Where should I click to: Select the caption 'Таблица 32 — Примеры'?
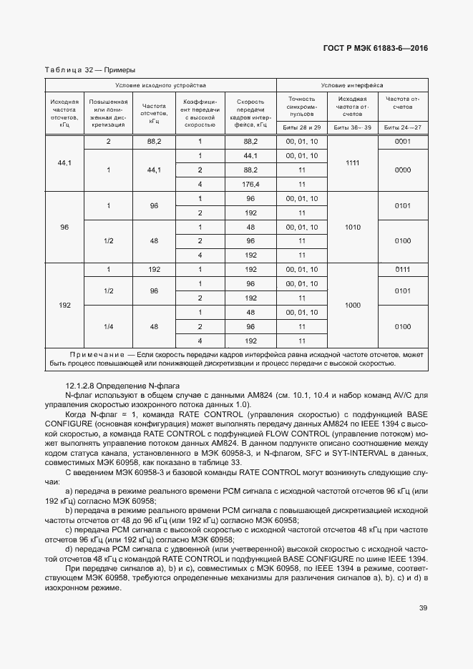[90, 70]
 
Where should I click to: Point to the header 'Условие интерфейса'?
[352, 84]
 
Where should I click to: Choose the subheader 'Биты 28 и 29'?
[303, 127]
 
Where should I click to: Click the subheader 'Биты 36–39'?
[352, 127]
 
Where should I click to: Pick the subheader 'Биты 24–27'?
[402, 127]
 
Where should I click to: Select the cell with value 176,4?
[250, 184]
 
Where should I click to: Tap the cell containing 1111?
[352, 162]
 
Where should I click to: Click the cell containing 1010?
[352, 227]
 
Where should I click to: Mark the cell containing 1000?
[352, 305]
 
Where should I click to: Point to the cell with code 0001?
[402, 142]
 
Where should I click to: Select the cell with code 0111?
[402, 270]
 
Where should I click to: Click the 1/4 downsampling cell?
[109, 326]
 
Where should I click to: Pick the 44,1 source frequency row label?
[64, 162]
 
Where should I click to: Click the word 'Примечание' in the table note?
[97, 355]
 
